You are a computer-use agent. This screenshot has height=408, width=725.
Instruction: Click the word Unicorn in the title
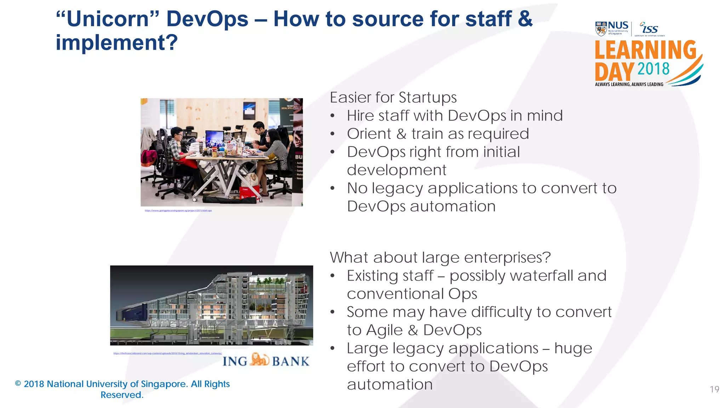[108, 19]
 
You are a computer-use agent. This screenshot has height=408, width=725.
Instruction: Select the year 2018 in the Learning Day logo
[653, 69]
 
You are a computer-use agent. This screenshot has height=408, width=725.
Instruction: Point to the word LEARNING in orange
[645, 50]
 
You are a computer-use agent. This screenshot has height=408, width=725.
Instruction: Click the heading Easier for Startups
[393, 97]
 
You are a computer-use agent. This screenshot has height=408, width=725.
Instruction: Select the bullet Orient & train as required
[438, 134]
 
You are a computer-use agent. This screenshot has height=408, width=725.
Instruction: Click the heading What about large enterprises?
[440, 257]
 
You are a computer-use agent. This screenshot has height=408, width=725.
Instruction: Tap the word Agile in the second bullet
[384, 330]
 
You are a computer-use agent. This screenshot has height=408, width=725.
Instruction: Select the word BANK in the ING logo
[291, 361]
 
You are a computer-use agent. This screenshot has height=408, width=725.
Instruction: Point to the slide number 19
[714, 389]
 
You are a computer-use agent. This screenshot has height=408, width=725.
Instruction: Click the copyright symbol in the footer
[18, 384]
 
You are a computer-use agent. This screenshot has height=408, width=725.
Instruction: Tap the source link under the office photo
[178, 211]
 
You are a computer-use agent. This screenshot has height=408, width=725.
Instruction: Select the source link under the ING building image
[167, 353]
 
